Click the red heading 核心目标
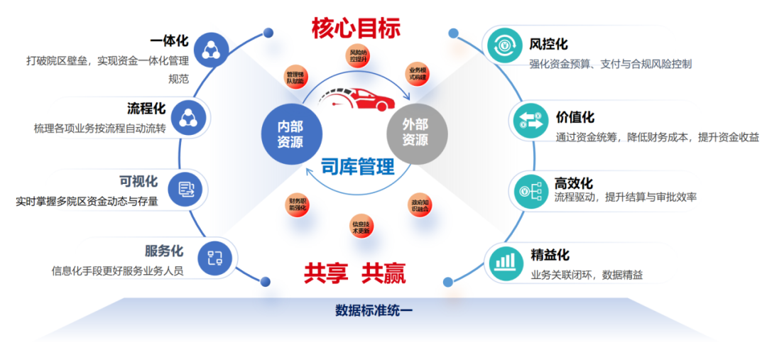pyautogui.click(x=356, y=28)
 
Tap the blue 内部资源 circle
pyautogui.click(x=290, y=132)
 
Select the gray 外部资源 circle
pyautogui.click(x=415, y=132)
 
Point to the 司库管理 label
pyautogui.click(x=357, y=168)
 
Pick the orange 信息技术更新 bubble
pyautogui.click(x=361, y=227)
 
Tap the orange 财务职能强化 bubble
pyautogui.click(x=297, y=205)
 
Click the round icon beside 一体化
pyautogui.click(x=211, y=50)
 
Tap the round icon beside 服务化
pyautogui.click(x=215, y=258)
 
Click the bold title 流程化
pyautogui.click(x=146, y=109)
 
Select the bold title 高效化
pyautogui.click(x=573, y=182)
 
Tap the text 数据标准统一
pyautogui.click(x=374, y=310)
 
